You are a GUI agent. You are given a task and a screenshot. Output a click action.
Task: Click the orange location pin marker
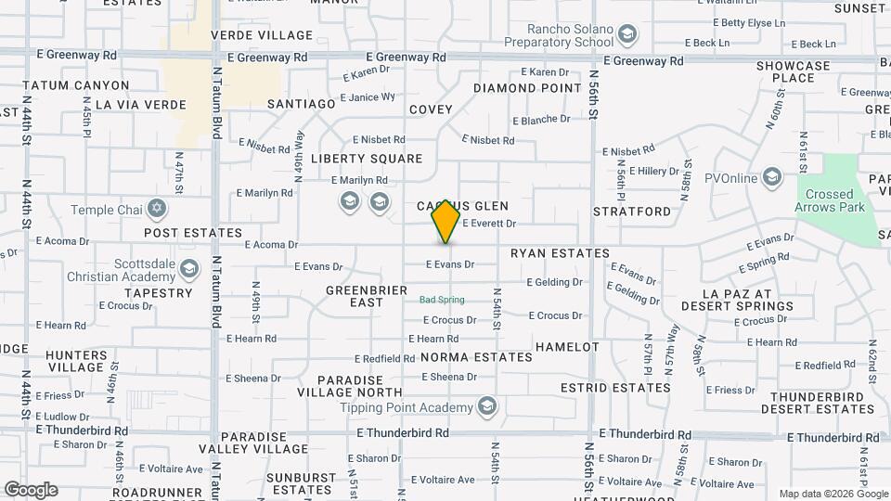(445, 221)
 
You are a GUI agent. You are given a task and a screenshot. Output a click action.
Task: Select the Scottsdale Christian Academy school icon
(188, 269)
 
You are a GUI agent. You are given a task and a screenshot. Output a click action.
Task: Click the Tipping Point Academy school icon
(486, 406)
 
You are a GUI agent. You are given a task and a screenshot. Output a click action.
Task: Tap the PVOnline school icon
(772, 177)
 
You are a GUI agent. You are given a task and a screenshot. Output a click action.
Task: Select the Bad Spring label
(442, 300)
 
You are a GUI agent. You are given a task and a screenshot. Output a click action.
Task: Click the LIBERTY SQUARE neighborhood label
(367, 159)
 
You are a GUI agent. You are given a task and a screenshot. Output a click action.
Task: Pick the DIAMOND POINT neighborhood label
(527, 88)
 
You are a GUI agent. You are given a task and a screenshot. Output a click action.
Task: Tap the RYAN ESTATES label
(560, 253)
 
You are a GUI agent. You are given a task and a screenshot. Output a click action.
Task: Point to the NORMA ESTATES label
(477, 357)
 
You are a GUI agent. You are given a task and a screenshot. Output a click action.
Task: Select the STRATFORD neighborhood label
(632, 212)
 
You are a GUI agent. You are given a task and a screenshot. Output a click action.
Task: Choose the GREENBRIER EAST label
(354, 296)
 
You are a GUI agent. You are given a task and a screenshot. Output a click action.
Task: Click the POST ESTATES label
(193, 233)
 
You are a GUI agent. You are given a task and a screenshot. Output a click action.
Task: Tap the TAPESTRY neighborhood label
(158, 292)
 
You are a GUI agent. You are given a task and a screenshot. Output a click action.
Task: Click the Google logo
(31, 490)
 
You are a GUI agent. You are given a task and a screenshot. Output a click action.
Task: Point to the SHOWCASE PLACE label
(793, 72)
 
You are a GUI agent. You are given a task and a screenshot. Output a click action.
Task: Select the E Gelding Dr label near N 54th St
(554, 282)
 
